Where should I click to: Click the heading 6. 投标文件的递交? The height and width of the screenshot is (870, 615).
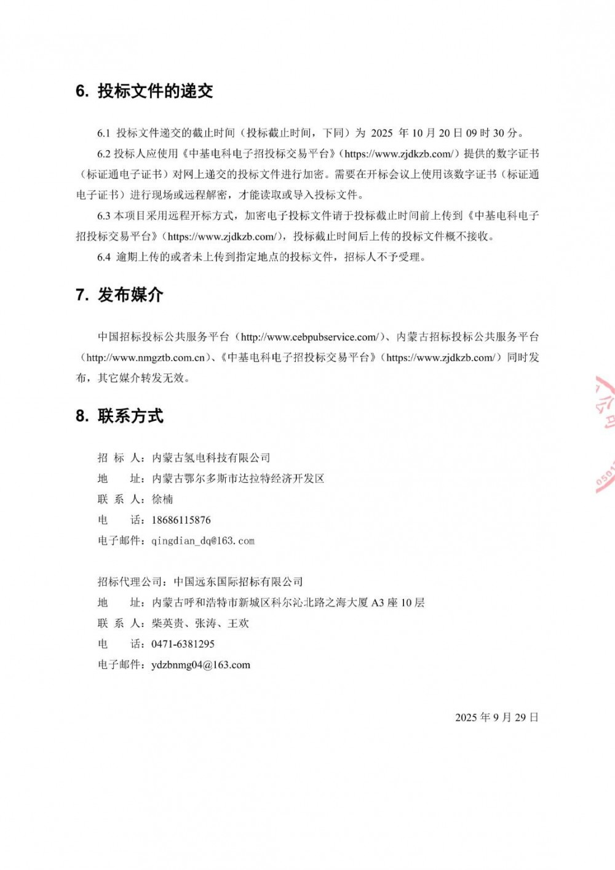point(145,91)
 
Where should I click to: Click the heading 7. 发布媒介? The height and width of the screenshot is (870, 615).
point(120,295)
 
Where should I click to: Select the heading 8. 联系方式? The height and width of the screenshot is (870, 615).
point(120,416)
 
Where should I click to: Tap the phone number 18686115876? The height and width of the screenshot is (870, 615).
point(181,520)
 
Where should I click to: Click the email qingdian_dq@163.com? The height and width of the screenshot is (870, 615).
point(203,541)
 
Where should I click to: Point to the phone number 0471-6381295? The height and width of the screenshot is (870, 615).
point(183,644)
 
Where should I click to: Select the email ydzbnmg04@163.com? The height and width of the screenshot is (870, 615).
point(200,664)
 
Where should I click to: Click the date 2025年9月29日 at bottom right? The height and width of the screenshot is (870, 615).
point(496,717)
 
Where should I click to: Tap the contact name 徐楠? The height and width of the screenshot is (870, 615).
point(162,499)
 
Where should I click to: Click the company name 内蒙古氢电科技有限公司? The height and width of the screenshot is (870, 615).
point(211,458)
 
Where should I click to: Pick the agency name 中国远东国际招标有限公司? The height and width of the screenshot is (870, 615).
point(238,581)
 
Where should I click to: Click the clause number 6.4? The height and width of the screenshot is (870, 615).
point(103,257)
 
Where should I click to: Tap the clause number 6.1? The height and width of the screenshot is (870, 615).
point(103,133)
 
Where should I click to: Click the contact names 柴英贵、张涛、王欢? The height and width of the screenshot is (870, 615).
point(200,623)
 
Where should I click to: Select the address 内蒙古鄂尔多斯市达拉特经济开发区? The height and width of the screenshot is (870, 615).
point(238,479)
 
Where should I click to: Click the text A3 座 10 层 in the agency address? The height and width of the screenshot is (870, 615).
point(398,602)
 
